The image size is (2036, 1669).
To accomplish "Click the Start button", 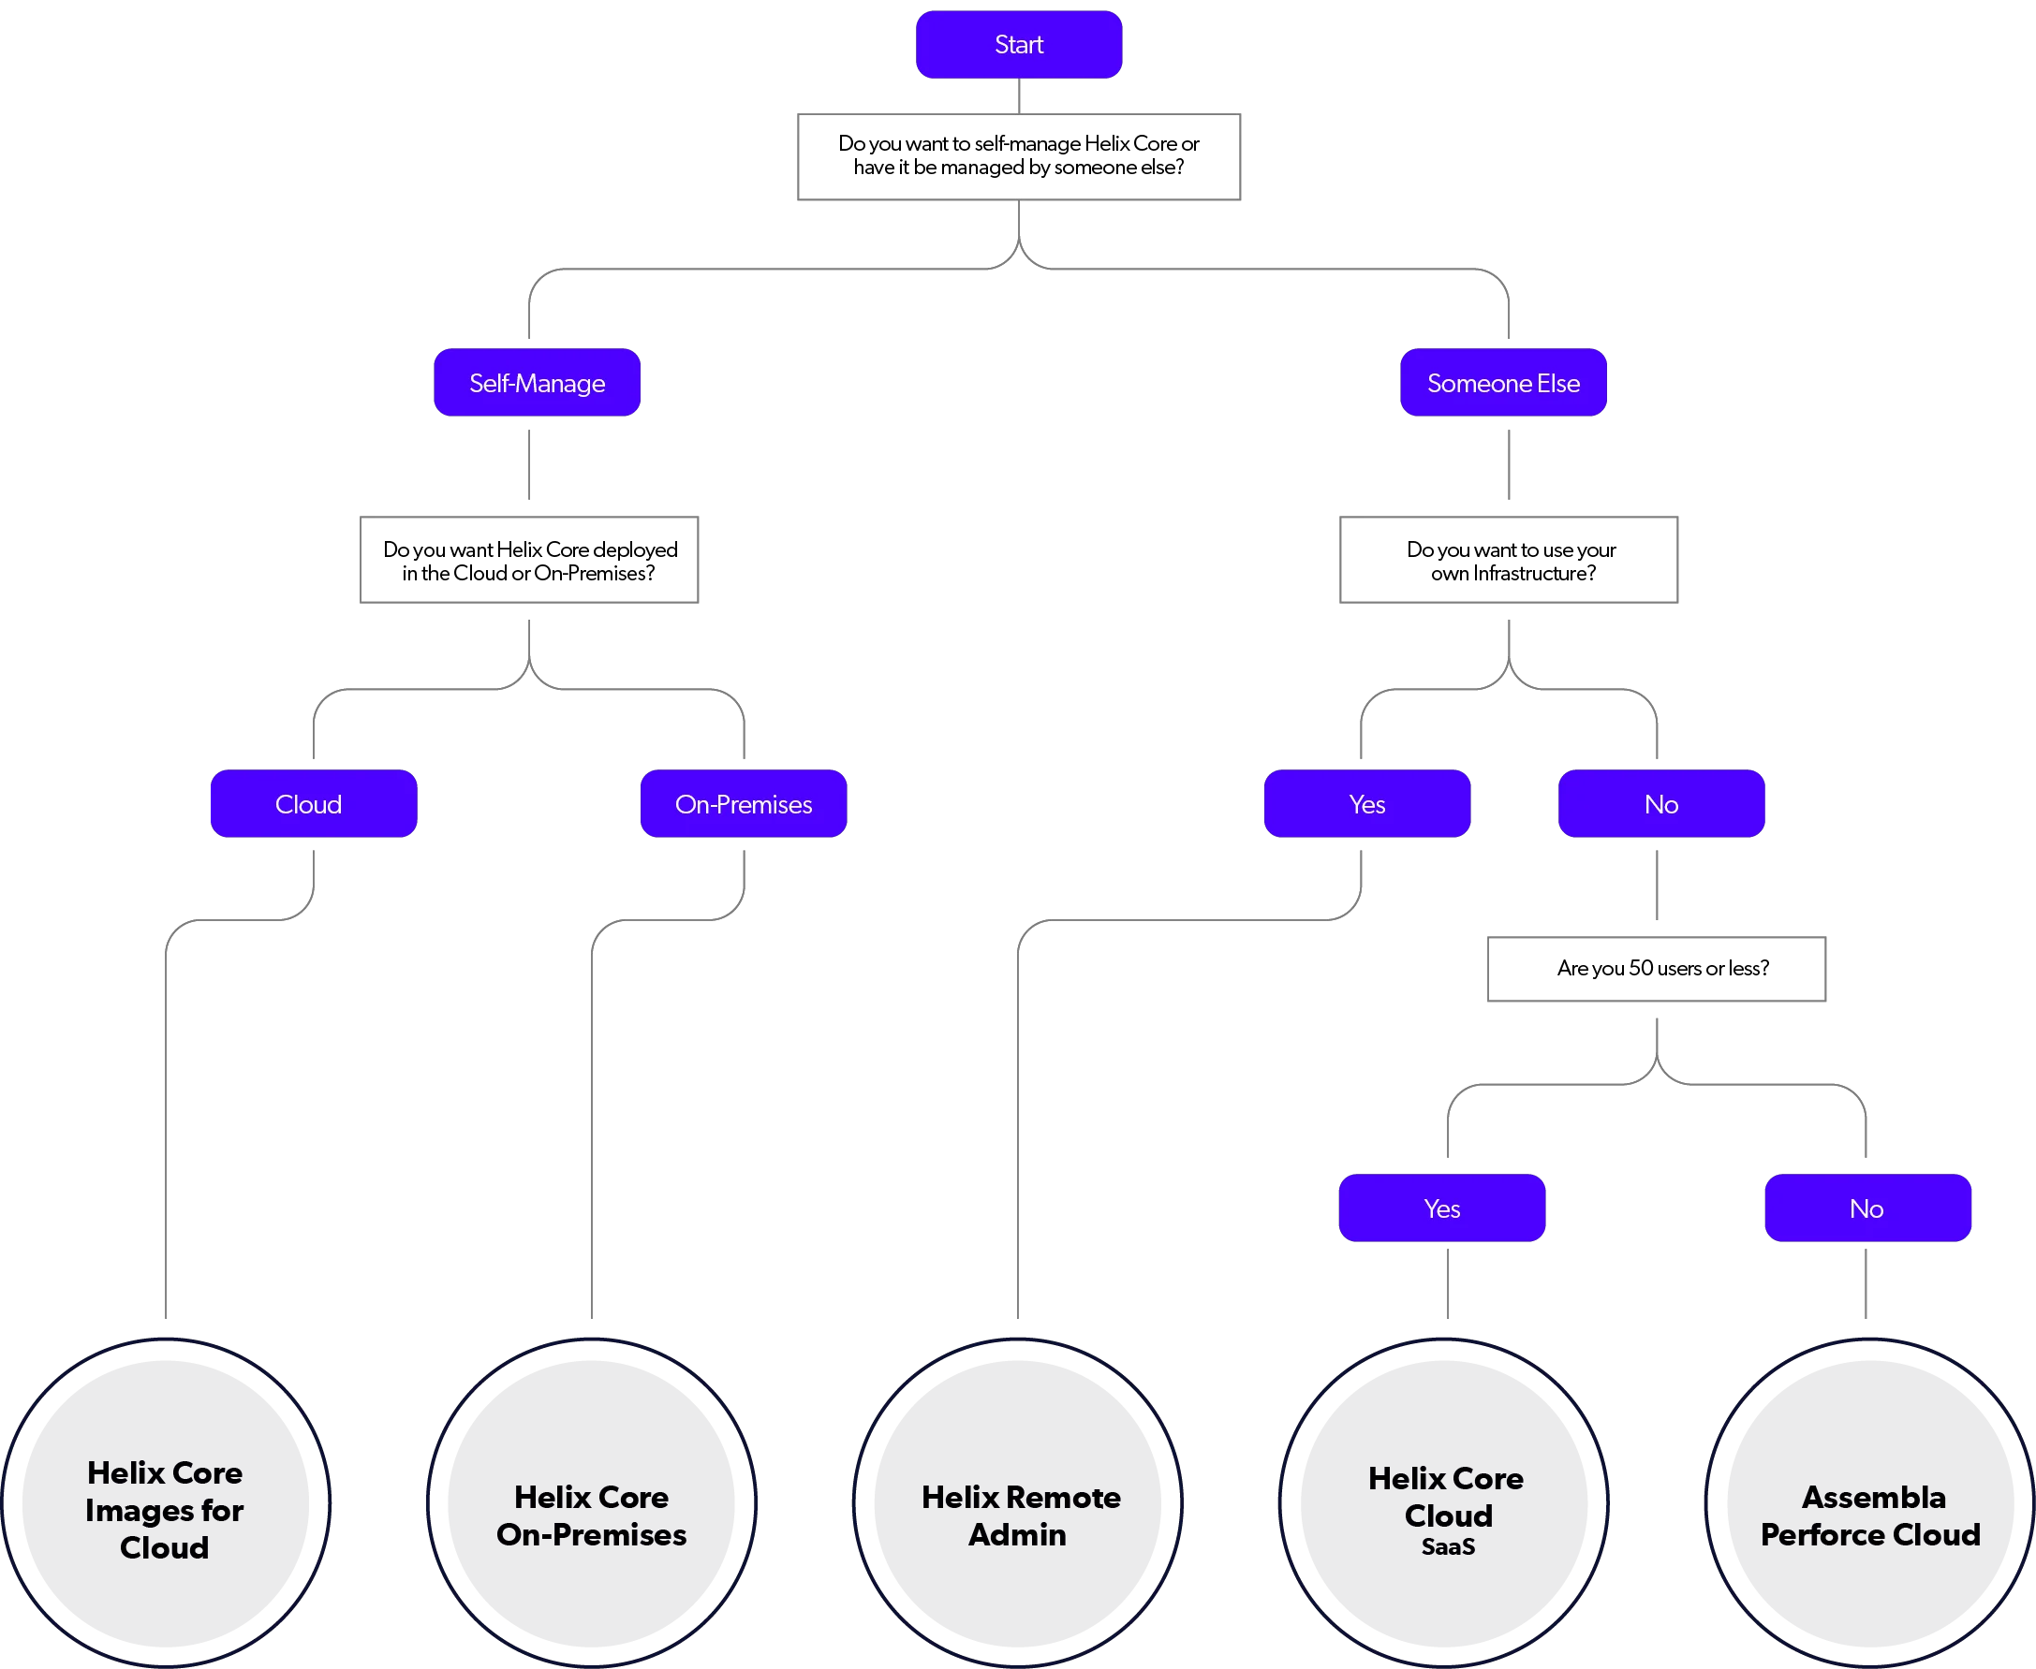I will (x=1019, y=44).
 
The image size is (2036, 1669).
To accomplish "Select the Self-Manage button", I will (x=537, y=383).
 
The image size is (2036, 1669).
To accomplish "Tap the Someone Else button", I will (x=1503, y=383).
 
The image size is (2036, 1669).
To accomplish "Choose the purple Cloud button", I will (x=313, y=804).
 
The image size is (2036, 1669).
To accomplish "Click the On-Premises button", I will (x=743, y=804).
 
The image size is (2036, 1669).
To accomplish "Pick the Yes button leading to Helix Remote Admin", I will (x=1365, y=804).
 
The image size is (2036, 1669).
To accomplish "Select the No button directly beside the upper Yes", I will (x=1660, y=804).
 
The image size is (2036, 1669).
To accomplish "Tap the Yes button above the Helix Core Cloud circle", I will (x=1440, y=1208).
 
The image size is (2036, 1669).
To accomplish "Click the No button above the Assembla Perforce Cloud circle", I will (x=1866, y=1208).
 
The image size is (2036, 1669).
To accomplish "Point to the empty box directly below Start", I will (x=1019, y=156).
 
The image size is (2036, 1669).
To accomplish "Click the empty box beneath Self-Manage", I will (x=531, y=559).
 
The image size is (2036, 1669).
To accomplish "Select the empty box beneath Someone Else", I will (x=1506, y=559).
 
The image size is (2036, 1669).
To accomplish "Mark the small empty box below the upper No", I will (x=1654, y=970).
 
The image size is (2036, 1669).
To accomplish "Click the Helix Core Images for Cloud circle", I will (x=166, y=1501).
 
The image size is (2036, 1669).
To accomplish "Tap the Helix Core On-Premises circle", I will (x=592, y=1501).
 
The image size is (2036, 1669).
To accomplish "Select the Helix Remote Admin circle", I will (x=1017, y=1501).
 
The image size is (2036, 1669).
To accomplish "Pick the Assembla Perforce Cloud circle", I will (x=1869, y=1501).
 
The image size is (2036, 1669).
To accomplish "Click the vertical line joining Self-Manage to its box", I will (x=528, y=464).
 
